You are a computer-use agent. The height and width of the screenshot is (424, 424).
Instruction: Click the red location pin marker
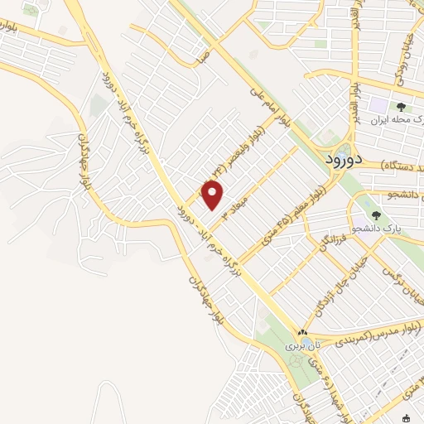coord(213,195)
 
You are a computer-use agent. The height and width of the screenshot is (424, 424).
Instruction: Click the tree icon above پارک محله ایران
coord(401,107)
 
